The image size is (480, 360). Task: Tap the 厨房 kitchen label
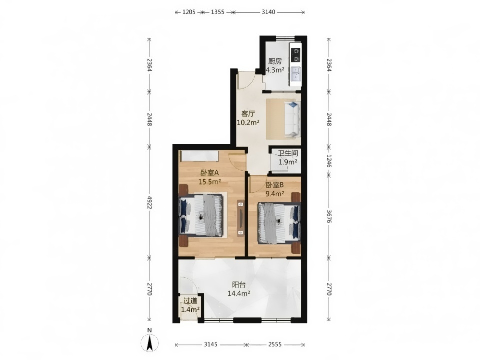click(275, 61)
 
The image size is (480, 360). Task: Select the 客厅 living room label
click(248, 114)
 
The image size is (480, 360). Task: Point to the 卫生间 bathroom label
click(288, 153)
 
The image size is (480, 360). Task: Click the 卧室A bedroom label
click(210, 173)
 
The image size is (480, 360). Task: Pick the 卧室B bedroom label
click(275, 185)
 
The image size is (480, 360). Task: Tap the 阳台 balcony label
click(239, 285)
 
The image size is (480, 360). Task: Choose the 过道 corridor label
click(190, 301)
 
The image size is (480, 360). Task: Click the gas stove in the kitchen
click(295, 55)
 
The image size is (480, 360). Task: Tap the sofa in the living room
click(293, 119)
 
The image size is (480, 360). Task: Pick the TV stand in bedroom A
click(241, 218)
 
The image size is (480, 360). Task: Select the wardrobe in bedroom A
click(199, 156)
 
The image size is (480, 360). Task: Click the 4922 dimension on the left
click(149, 202)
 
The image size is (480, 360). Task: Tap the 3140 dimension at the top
click(268, 12)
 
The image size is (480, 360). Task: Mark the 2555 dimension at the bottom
click(275, 344)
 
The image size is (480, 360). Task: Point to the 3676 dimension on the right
click(329, 216)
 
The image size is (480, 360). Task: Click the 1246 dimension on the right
click(329, 161)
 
